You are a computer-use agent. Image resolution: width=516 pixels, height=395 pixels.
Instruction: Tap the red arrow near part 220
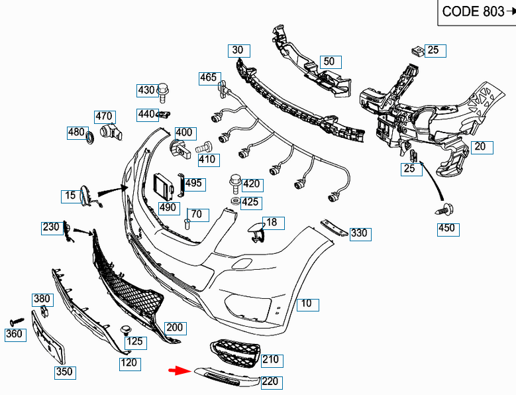click(x=180, y=371)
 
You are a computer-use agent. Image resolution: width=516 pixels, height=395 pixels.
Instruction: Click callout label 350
click(x=64, y=372)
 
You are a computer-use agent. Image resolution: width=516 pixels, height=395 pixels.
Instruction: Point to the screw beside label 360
click(x=15, y=321)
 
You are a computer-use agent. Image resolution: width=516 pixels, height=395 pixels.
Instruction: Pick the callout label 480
click(x=76, y=132)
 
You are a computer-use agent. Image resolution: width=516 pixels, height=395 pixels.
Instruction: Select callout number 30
click(x=237, y=50)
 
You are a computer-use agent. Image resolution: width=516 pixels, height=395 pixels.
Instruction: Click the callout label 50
click(x=329, y=62)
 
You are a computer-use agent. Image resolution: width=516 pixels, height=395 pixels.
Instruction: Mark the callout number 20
click(x=480, y=147)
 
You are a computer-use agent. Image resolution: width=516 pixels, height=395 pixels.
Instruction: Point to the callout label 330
click(x=358, y=233)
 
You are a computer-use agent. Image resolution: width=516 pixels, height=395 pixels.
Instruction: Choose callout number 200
click(x=175, y=327)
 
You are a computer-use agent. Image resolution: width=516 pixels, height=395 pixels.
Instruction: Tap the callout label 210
click(x=270, y=360)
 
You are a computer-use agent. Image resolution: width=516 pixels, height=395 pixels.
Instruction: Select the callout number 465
click(x=208, y=78)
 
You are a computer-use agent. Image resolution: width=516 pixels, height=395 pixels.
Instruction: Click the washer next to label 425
click(x=236, y=201)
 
